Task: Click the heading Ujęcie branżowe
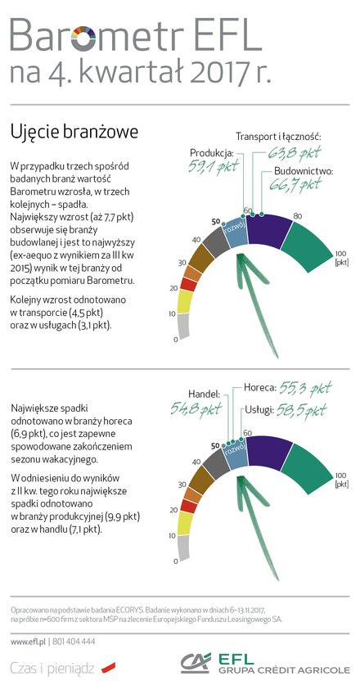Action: point(74,132)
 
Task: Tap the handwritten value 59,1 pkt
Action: point(213,167)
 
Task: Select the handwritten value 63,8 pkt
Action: point(294,154)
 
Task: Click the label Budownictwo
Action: point(304,172)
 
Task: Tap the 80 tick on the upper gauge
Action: point(298,216)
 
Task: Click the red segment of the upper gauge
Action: point(188,284)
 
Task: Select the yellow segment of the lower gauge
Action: point(185,524)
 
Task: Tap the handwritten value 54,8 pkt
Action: point(196,408)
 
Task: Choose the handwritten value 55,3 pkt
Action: point(305,389)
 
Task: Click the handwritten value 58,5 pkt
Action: point(301,411)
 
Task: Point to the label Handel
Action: point(204,393)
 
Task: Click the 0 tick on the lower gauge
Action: point(176,561)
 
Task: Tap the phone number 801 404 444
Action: point(74,642)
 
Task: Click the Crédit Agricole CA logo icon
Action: point(196,663)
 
